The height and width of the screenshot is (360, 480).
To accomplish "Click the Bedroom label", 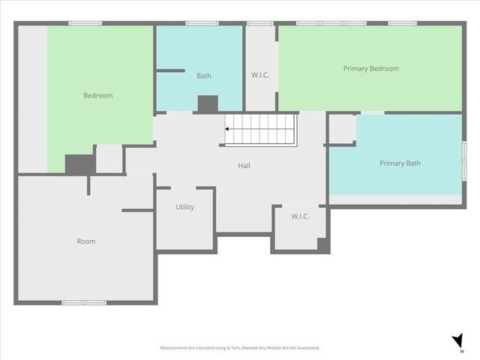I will (97, 95).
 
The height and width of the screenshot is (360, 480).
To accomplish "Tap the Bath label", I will (204, 76).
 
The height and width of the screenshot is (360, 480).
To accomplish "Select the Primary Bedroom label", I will (370, 68).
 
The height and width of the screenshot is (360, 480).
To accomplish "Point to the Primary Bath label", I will (400, 163).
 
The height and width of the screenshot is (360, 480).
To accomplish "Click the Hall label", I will (244, 165).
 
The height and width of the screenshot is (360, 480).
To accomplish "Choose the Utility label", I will (184, 207).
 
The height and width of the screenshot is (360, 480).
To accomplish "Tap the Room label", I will (86, 241).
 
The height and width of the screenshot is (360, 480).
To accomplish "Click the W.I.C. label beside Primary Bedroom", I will (260, 74).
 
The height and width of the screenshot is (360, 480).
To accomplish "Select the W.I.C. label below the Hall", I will (301, 217).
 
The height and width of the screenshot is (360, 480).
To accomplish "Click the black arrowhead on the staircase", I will (226, 129).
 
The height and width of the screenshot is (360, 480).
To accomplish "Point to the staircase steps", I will (262, 129).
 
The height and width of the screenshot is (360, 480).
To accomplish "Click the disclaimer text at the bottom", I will (240, 348).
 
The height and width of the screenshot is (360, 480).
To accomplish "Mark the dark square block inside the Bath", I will (207, 104).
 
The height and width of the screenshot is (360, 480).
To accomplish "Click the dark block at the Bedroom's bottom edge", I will (79, 164).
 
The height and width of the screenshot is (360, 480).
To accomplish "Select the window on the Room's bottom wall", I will (84, 302).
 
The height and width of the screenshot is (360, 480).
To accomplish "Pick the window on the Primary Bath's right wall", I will (464, 160).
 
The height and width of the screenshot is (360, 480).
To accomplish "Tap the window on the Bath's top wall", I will (202, 23).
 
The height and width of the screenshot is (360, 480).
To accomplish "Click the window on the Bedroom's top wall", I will (85, 23).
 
